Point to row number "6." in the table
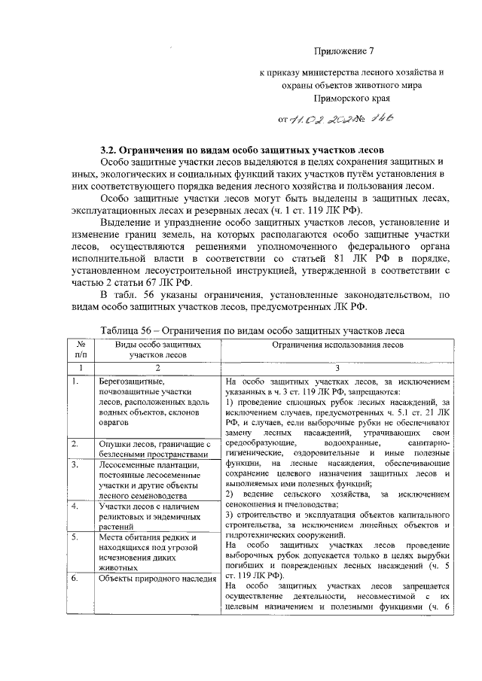pos(76,579)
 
